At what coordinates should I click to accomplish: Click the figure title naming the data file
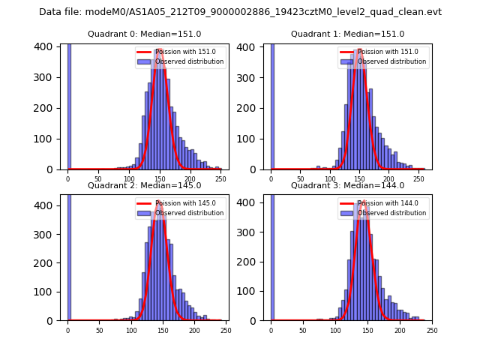point(240,12)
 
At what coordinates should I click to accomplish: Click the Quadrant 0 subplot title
point(145,34)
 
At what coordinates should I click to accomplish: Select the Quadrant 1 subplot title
point(348,34)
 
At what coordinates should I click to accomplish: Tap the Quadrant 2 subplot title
point(145,185)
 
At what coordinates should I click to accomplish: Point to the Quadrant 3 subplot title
point(348,185)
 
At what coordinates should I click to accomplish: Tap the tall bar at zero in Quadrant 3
point(271,255)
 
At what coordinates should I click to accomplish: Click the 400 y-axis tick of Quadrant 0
point(47,46)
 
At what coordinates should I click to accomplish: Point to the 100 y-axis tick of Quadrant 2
point(47,292)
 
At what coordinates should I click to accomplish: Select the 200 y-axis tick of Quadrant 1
point(250,107)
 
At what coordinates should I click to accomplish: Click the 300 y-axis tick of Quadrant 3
point(250,234)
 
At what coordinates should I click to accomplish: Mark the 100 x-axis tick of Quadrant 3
point(335,330)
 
